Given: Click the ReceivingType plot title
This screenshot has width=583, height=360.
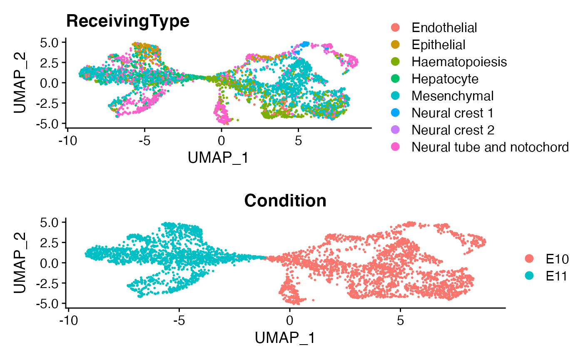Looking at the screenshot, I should pyautogui.click(x=128, y=22).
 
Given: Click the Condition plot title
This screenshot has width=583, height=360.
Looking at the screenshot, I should pyautogui.click(x=285, y=201).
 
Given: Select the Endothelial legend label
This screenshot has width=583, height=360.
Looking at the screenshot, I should pyautogui.click(x=444, y=28).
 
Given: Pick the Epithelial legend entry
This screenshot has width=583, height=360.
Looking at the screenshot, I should pyautogui.click(x=438, y=45).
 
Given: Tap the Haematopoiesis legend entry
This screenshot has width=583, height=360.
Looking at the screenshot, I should pyautogui.click(x=459, y=62).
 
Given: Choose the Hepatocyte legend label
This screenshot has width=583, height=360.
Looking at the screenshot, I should pyautogui.click(x=445, y=79).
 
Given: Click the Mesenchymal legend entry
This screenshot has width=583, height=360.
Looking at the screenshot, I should pyautogui.click(x=452, y=96).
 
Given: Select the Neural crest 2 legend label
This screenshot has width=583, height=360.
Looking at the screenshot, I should pyautogui.click(x=453, y=130).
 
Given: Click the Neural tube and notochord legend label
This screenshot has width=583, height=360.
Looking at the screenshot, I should pyautogui.click(x=490, y=147).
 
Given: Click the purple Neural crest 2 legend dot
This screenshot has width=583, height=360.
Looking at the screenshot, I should pyautogui.click(x=396, y=130).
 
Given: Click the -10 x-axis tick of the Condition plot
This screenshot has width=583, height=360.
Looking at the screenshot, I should pyautogui.click(x=68, y=322).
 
